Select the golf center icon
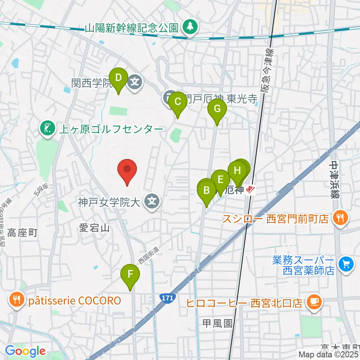(x=47, y=129)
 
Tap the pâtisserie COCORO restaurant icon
(x=16, y=300)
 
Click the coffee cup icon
(x=313, y=302)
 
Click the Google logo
(x=25, y=351)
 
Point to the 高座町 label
(x=24, y=233)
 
